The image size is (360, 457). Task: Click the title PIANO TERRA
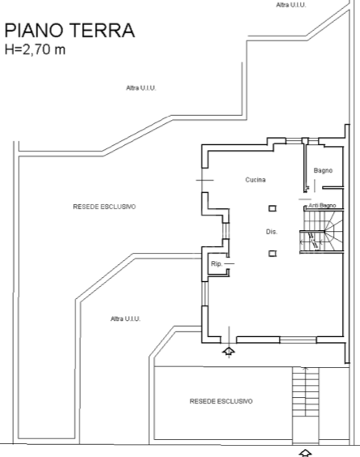point(69,31)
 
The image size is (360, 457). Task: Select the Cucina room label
point(256,179)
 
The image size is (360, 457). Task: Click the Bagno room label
point(323,169)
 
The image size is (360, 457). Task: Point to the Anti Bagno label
point(322,206)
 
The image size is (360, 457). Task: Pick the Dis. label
point(272,232)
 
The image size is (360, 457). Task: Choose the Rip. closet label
point(216,264)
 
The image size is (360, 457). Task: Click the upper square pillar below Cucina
point(272,207)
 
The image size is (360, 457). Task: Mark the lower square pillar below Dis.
point(272,253)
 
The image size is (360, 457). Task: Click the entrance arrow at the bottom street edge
point(306,451)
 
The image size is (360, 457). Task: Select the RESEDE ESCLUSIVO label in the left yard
point(104,207)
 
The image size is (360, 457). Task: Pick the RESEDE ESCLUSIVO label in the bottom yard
point(221,401)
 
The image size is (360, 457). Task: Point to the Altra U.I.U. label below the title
point(141,88)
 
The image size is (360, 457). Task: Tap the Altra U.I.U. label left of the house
point(126,318)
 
